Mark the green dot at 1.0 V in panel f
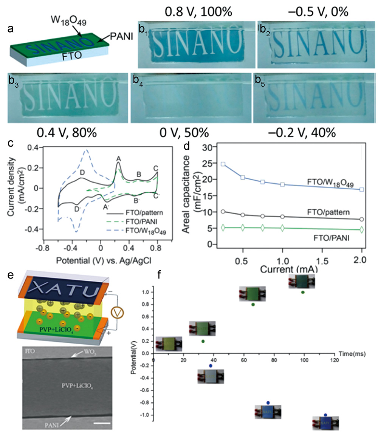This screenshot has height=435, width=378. click(302, 292)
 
